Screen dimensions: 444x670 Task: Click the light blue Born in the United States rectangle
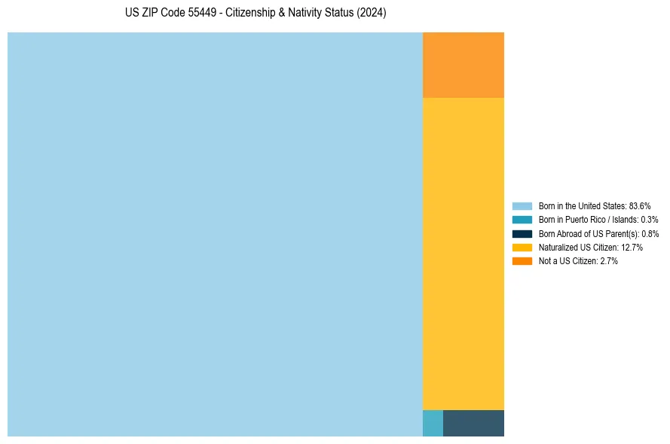pos(215,234)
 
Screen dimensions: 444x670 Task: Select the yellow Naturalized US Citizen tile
pos(463,254)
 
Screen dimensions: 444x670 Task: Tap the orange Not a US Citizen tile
pos(463,65)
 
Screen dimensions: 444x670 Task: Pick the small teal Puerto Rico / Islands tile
pos(433,423)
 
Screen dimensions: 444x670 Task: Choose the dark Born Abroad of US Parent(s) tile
pos(473,423)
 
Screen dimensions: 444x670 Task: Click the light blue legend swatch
pos(522,205)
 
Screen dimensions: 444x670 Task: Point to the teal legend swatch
pos(522,220)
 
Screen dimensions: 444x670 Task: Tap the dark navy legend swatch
pos(522,233)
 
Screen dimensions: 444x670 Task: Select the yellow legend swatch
pos(522,247)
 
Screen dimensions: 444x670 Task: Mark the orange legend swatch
pos(522,261)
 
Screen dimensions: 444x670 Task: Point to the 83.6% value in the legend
pos(640,205)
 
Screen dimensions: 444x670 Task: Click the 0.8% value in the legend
pos(650,233)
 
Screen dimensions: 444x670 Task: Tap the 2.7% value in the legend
pos(608,261)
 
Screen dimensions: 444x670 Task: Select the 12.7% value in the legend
pos(632,247)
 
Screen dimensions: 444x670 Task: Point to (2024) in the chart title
pos(371,13)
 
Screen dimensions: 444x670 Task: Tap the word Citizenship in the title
pos(251,13)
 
